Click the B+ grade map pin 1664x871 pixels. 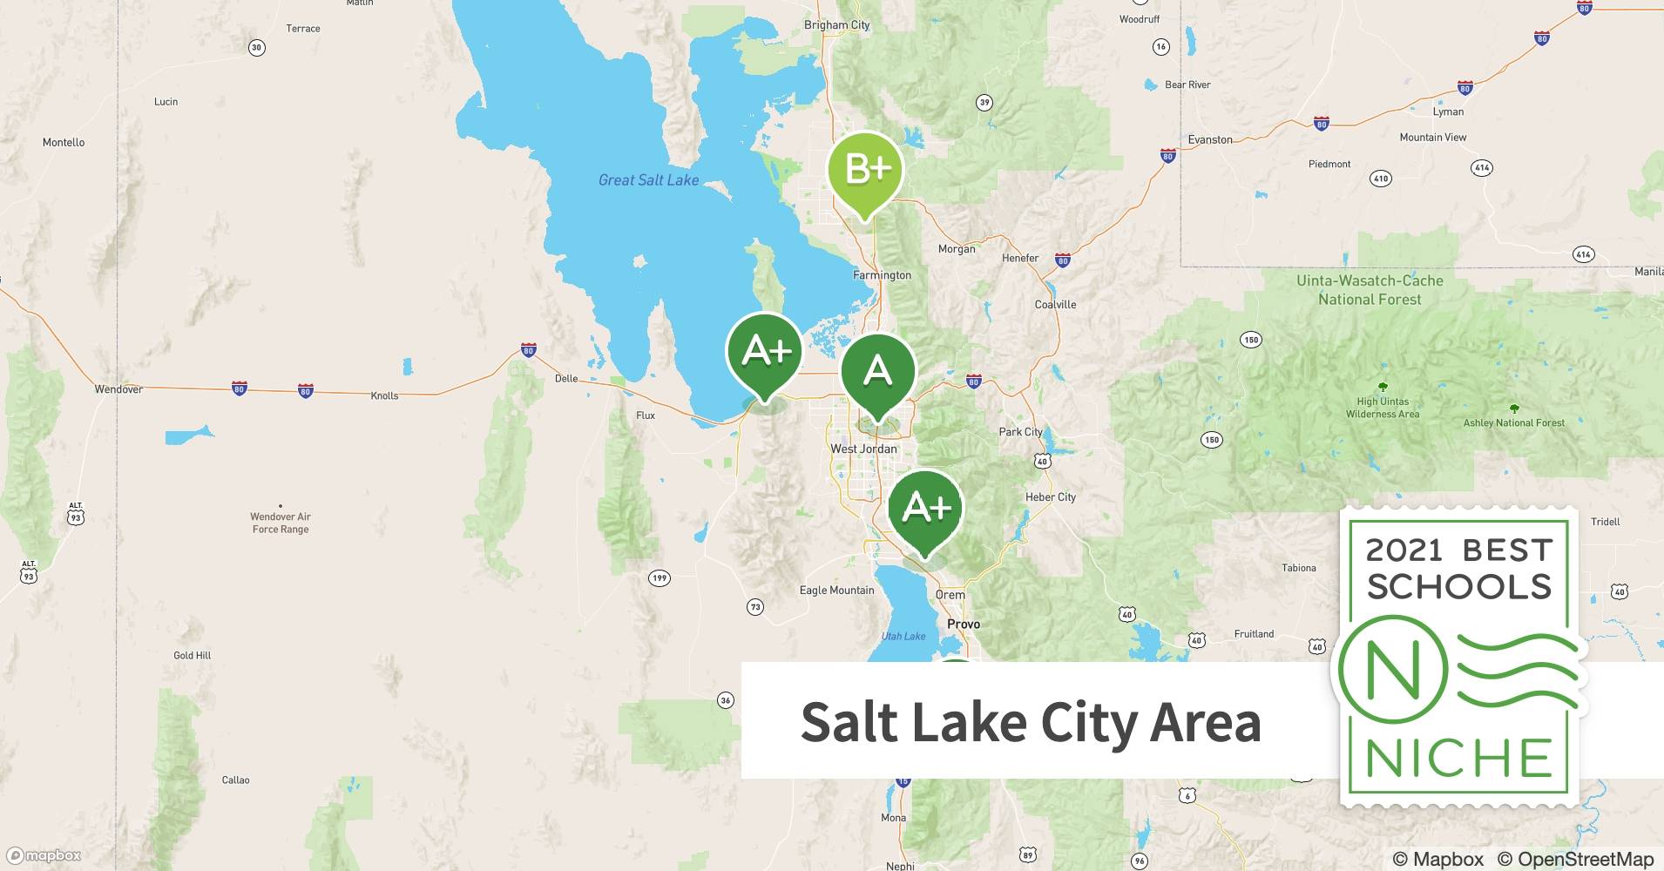[x=864, y=170]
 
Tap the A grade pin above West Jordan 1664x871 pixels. [x=877, y=373]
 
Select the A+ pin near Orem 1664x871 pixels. [x=925, y=509]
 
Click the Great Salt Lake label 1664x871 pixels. [x=648, y=180]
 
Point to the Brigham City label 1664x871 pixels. [x=836, y=25]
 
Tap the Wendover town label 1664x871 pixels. [x=118, y=389]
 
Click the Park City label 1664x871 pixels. [x=1020, y=432]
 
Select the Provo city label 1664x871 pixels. [x=964, y=624]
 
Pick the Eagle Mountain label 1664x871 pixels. [x=836, y=591]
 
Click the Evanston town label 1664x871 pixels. [x=1210, y=139]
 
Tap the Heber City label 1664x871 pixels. [x=1050, y=497]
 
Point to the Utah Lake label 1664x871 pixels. [x=903, y=637]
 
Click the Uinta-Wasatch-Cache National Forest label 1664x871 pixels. [x=1370, y=290]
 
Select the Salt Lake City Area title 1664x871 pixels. [x=1031, y=722]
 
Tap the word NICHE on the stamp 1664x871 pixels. [x=1458, y=759]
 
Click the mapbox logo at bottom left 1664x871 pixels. [x=44, y=855]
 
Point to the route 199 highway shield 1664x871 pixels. [x=660, y=577]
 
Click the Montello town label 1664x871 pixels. [x=64, y=142]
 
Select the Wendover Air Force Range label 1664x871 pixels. [x=280, y=523]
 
